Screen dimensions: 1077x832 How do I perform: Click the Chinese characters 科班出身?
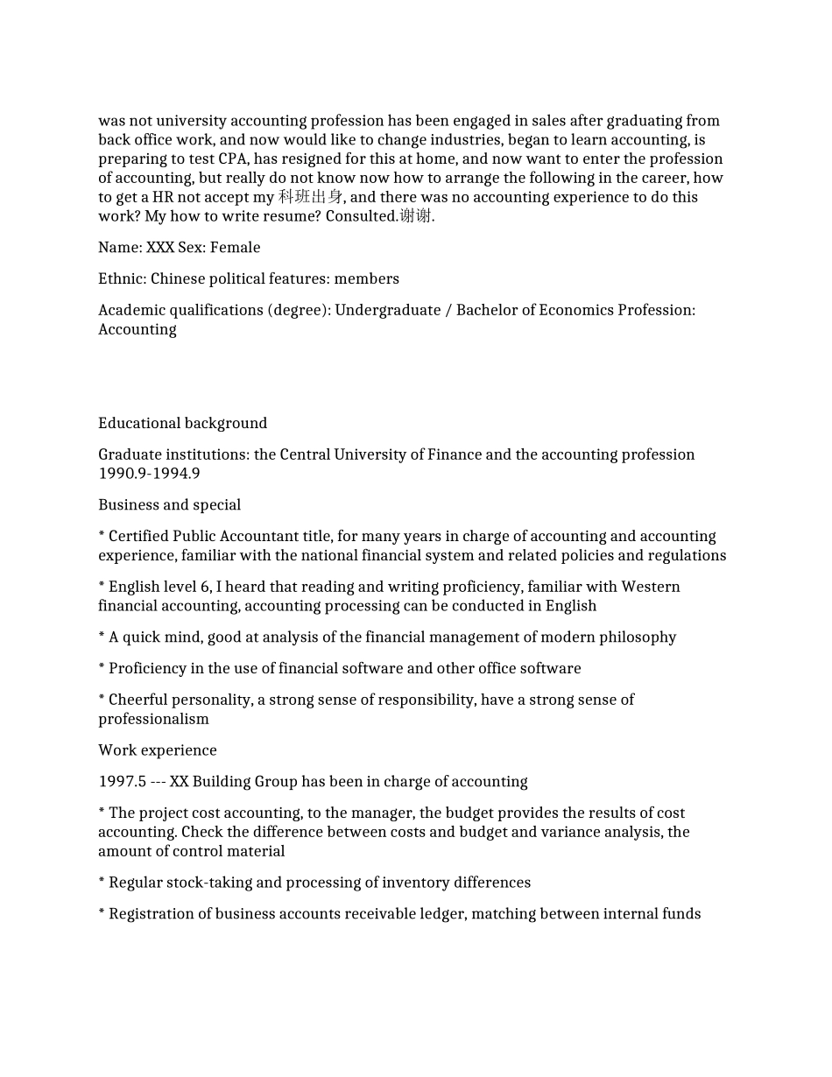(310, 197)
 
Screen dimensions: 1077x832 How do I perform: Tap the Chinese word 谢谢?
(415, 216)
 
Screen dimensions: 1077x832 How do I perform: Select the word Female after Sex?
(235, 248)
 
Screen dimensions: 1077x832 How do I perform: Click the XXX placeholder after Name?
(160, 248)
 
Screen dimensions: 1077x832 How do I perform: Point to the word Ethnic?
(122, 279)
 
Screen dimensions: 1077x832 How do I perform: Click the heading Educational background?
(182, 424)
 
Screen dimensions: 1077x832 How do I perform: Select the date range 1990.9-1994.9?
(149, 474)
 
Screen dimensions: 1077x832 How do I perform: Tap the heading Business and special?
(169, 505)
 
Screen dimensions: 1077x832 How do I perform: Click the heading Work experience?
(158, 750)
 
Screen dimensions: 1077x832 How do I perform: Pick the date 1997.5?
(122, 782)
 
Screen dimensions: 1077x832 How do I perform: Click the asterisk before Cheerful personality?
(102, 699)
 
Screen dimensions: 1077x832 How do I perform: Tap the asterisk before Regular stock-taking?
(102, 882)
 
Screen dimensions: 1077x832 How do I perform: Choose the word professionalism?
(153, 719)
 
